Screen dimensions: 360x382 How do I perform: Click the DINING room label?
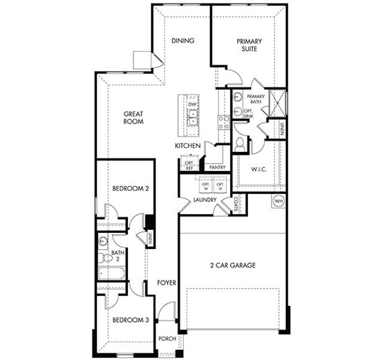[x=183, y=41]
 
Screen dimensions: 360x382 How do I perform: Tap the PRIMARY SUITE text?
[x=249, y=46]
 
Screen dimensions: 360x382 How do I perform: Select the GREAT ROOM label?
[x=133, y=117]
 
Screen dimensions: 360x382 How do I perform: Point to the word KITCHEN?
[x=187, y=146]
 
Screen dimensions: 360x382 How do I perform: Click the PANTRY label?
[x=216, y=167]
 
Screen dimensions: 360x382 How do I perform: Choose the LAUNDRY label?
[x=205, y=200]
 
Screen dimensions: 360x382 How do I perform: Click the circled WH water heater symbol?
[x=279, y=200]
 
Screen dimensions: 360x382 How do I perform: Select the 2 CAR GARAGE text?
[x=232, y=265]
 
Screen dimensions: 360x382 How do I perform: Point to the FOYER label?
[x=166, y=282]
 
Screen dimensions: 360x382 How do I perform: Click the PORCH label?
[x=167, y=338]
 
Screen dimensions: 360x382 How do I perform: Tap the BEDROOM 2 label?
[x=130, y=188]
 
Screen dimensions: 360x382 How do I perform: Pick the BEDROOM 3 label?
[x=130, y=320]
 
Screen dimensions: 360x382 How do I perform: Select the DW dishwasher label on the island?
[x=192, y=105]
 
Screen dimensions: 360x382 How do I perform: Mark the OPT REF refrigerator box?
[x=189, y=165]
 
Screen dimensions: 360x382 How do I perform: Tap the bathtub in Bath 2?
[x=111, y=275]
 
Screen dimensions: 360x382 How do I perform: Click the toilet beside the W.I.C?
[x=241, y=143]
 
